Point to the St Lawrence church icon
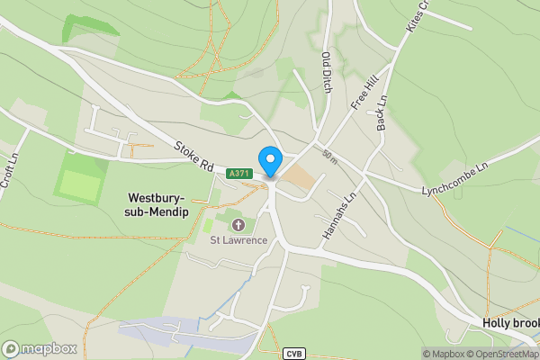(x=238, y=224)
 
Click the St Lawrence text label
(x=238, y=239)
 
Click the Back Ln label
(x=382, y=112)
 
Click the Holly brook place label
(x=510, y=324)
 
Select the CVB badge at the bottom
(x=294, y=354)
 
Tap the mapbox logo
(x=40, y=348)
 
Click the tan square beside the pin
(x=301, y=179)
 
